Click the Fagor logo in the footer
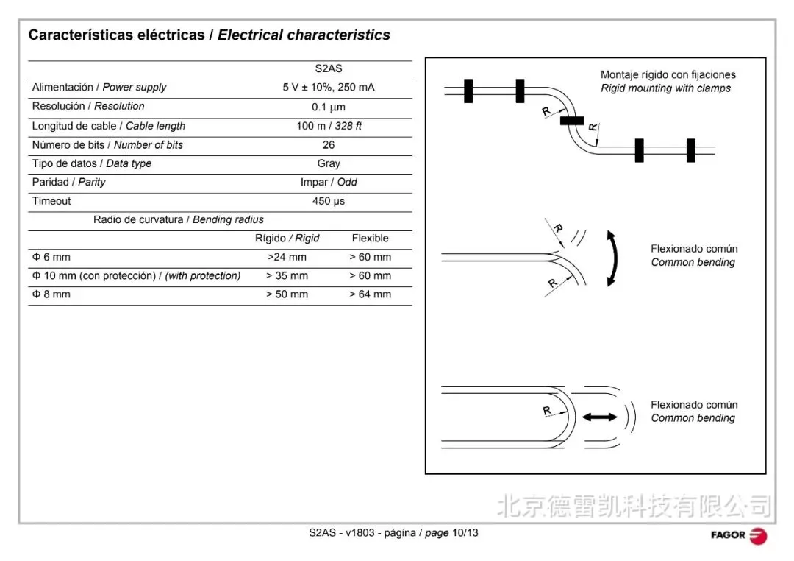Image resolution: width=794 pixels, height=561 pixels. (x=738, y=535)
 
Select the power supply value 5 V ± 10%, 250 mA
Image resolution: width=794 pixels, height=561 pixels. (x=329, y=88)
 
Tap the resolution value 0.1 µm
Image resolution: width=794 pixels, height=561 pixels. (x=329, y=107)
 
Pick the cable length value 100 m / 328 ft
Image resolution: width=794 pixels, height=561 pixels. (x=329, y=126)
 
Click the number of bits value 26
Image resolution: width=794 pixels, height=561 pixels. (x=329, y=145)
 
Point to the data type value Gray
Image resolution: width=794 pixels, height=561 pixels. (x=329, y=163)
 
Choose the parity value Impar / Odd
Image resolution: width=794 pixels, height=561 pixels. (x=329, y=183)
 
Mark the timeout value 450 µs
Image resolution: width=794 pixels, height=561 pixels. (x=329, y=201)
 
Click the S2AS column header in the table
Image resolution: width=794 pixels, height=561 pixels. (x=329, y=69)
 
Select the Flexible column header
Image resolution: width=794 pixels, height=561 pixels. (x=370, y=239)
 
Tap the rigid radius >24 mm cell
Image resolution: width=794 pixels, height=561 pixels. (x=287, y=258)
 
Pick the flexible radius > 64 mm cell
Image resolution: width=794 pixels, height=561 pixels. (x=370, y=294)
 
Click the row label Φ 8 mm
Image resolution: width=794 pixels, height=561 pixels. (x=51, y=294)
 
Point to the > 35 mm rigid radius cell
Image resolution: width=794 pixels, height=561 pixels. (x=287, y=276)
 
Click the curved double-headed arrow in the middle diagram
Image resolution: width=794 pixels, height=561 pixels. (x=612, y=258)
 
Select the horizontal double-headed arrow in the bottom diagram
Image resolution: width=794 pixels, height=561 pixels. (x=599, y=417)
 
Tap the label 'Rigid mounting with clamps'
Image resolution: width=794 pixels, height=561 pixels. (x=665, y=88)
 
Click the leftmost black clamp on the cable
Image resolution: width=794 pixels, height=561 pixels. (x=468, y=91)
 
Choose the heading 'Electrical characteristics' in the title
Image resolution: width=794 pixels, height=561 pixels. (x=304, y=35)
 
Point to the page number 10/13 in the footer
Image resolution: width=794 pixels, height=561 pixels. (x=465, y=532)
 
